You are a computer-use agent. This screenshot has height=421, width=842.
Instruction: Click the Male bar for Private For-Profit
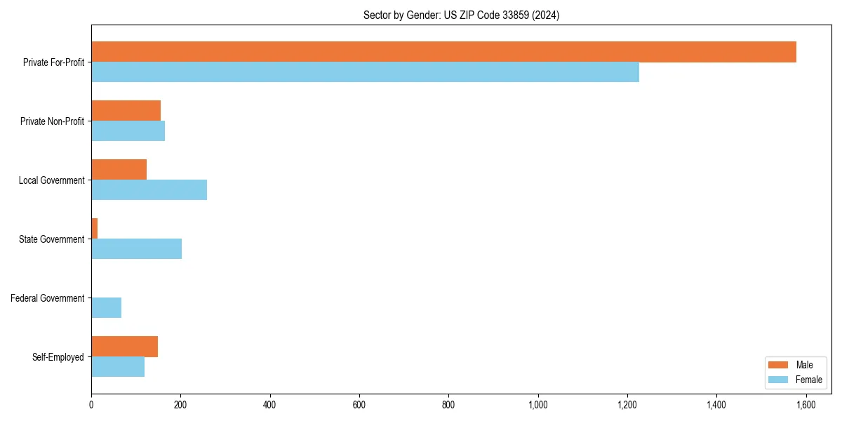point(443,52)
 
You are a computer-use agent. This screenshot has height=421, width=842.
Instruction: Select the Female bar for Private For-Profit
point(365,72)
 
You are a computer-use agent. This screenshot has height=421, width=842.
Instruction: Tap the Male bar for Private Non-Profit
point(126,111)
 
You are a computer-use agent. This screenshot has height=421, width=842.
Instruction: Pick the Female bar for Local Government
point(149,190)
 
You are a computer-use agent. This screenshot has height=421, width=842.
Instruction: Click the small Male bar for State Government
point(94,229)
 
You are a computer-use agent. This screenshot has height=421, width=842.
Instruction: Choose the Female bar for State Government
point(136,249)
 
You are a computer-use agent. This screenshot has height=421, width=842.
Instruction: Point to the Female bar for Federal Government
point(106,308)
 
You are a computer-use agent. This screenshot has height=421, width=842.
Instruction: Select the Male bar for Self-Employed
point(124,347)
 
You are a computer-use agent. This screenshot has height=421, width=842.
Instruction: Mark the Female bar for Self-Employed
point(118,367)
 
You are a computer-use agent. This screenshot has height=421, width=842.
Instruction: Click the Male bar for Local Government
point(119,170)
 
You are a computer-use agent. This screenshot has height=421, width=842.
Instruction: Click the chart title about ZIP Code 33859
point(461,15)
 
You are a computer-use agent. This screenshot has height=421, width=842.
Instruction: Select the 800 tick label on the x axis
point(448,405)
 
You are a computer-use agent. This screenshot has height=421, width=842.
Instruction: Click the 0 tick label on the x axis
point(91,405)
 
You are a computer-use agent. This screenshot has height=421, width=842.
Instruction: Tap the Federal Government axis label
point(48,298)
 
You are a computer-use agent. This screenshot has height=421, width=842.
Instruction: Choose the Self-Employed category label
point(58,357)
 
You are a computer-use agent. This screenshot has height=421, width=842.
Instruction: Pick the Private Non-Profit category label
point(52,121)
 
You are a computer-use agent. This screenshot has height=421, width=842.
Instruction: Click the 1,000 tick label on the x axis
point(538,405)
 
